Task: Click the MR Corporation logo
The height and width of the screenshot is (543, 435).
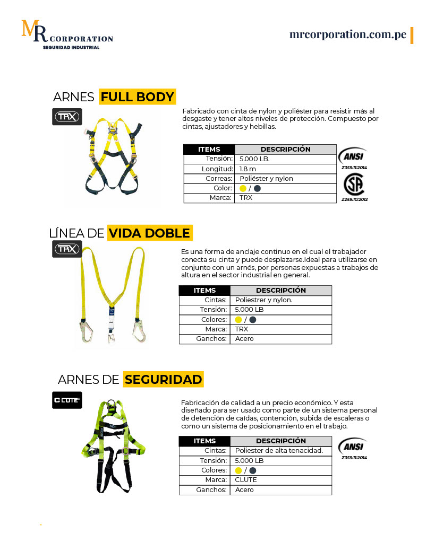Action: (66, 35)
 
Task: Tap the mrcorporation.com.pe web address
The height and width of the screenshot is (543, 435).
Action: (348, 34)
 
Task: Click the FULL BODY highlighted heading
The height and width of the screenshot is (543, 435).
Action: (137, 97)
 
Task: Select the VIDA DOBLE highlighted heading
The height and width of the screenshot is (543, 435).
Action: (149, 233)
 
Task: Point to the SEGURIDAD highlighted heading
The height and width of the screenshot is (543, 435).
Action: (163, 380)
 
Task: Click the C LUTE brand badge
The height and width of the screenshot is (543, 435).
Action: (67, 400)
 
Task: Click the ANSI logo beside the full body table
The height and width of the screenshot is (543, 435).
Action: (353, 156)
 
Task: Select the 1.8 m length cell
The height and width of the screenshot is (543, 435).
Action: (248, 169)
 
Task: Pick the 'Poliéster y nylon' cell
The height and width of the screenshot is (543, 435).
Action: (266, 179)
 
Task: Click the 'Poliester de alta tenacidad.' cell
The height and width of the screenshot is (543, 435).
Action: (279, 451)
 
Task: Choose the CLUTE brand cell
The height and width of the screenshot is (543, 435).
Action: (246, 480)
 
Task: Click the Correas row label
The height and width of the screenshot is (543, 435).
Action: (219, 179)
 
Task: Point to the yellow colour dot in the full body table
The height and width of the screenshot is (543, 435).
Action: (243, 188)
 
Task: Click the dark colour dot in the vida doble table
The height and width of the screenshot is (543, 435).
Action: (253, 320)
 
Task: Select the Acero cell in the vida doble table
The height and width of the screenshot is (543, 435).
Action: (244, 339)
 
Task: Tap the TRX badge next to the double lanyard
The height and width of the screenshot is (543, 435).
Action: (67, 249)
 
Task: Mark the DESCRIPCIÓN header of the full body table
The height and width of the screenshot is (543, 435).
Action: (285, 149)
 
